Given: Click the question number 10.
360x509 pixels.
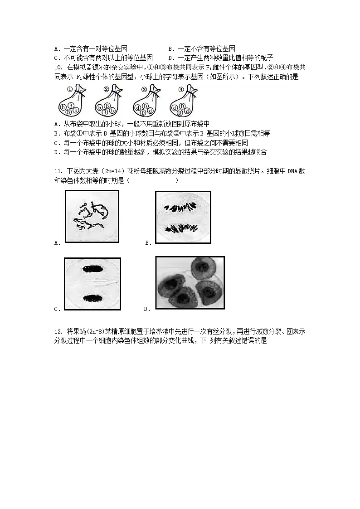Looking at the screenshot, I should point(58,68).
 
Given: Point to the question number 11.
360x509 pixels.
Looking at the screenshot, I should point(58,171).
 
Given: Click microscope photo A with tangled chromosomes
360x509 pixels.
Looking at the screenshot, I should point(92,217).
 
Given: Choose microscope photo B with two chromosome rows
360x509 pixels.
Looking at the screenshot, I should point(183,217).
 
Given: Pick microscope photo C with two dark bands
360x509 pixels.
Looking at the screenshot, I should point(92,284).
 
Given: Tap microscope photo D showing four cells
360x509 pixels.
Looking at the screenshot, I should point(190,283).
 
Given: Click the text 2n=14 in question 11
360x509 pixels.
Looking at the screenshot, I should point(114,171).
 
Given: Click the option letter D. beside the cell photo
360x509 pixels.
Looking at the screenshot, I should point(147,309).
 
